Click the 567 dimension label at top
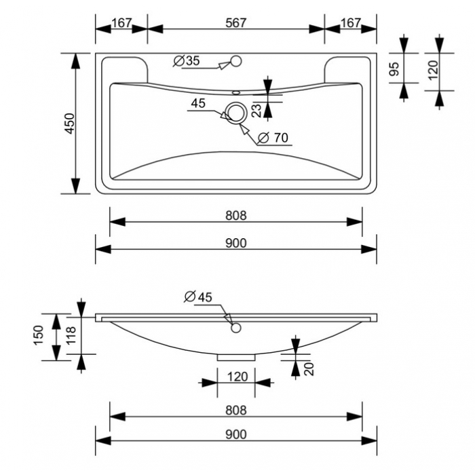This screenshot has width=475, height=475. tap(236, 22)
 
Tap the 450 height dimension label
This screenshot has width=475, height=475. tap(70, 123)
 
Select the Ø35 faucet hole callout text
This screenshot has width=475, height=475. tap(187, 61)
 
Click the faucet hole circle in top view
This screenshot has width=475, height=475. tap(236, 61)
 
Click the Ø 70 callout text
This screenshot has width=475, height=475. tap(273, 138)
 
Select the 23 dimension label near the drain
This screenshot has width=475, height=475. tap(256, 111)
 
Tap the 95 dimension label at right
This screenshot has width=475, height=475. tap(394, 69)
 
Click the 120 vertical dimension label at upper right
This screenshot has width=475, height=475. tap(433, 70)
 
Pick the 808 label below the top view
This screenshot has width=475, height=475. tap(236, 216)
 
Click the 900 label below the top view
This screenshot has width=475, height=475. tap(236, 243)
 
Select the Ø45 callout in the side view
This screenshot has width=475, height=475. tap(198, 297)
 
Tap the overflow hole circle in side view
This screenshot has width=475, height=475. tap(236, 328)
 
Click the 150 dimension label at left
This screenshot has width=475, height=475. tap(39, 335)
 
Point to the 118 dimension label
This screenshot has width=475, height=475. tap(71, 335)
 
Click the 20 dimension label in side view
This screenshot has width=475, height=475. tap(309, 369)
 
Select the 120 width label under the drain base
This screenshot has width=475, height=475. tap(237, 377)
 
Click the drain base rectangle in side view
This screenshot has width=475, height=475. tap(236, 358)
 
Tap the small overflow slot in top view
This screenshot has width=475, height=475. tap(236, 92)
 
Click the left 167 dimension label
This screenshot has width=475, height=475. tap(121, 22)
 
